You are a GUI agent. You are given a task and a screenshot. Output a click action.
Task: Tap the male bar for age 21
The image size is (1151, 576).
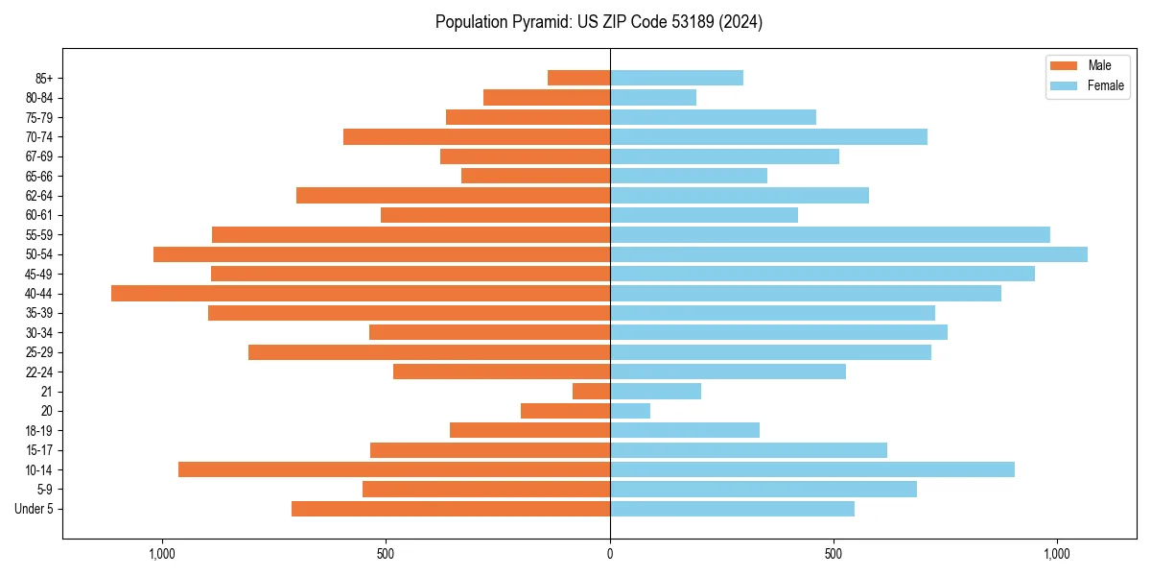591,392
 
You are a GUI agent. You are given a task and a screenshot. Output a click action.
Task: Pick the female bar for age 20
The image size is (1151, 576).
630,411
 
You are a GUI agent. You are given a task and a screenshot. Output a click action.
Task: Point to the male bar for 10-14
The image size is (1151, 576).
394,469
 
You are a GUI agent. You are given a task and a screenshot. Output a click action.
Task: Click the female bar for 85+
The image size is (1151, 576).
676,78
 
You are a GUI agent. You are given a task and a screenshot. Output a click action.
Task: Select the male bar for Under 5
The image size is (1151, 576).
451,509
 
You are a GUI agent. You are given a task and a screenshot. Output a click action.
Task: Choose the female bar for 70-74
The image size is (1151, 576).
768,137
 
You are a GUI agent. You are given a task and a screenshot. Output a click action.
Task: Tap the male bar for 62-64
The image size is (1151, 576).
453,196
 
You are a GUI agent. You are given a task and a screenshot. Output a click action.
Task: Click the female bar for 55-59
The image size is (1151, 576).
830,235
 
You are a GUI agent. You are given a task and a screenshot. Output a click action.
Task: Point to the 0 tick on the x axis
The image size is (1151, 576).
610,554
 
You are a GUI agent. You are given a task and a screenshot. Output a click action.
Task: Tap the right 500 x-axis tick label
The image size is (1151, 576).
834,554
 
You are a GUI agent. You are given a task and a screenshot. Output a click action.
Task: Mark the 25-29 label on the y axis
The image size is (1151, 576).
39,352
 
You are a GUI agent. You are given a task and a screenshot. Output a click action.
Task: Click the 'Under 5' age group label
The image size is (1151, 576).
35,509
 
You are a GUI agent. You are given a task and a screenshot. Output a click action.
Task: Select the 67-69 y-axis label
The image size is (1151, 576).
39,156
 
